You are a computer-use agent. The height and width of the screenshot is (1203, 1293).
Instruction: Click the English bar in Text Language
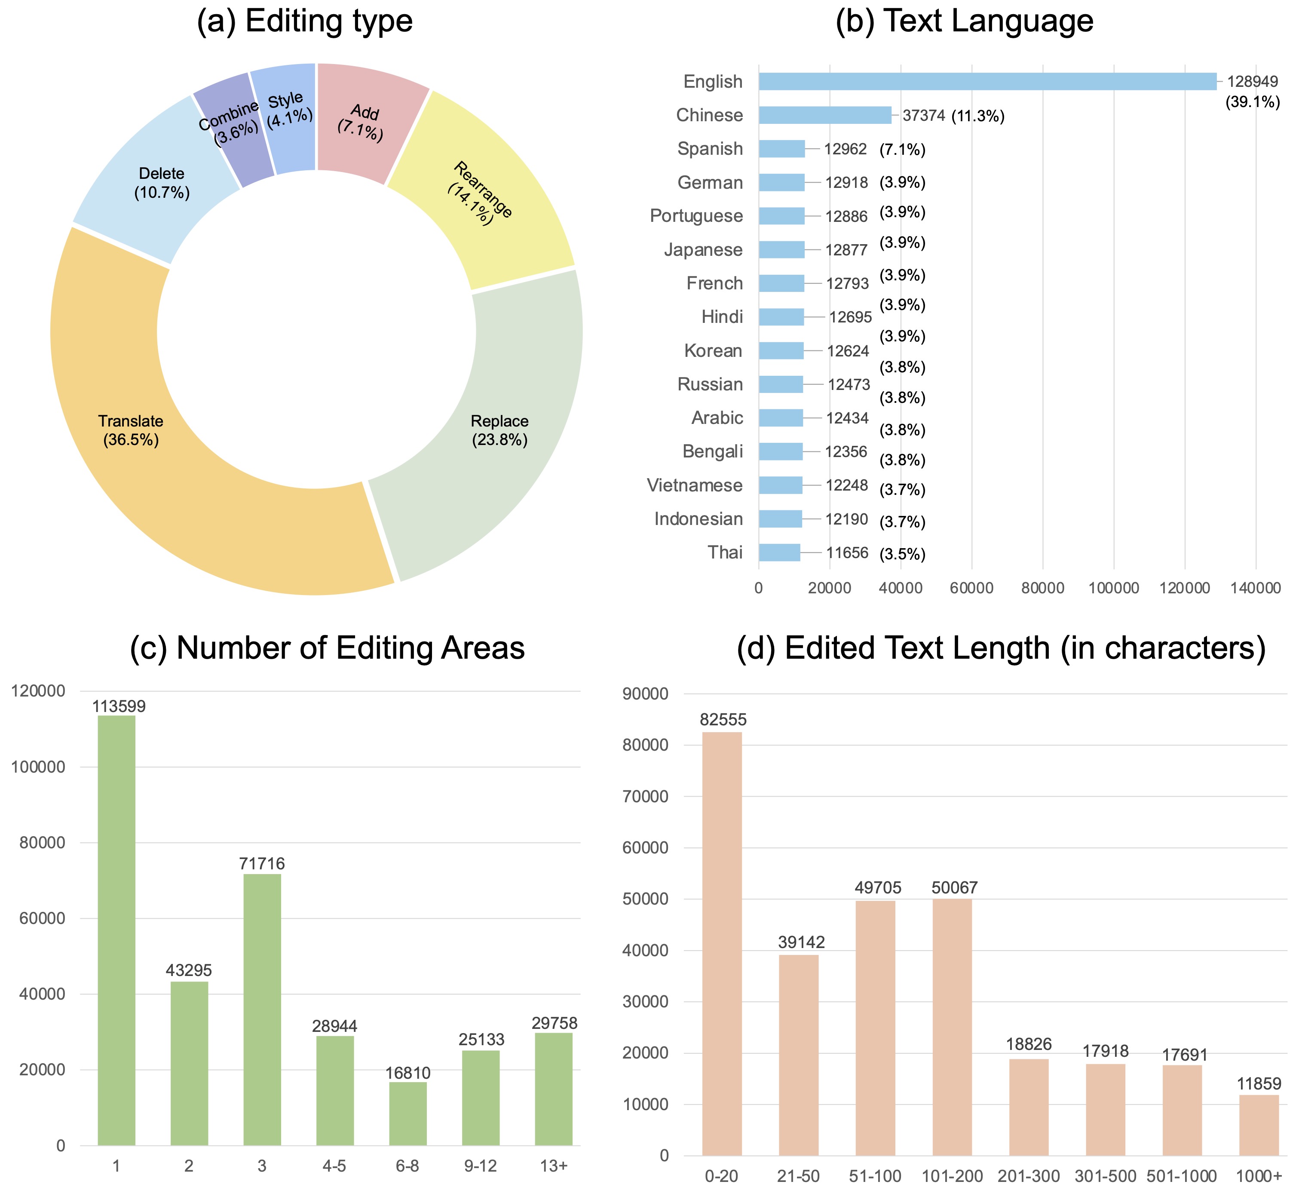coord(986,81)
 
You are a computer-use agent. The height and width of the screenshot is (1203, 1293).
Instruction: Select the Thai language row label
coord(725,552)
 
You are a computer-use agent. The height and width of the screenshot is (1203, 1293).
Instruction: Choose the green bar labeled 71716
coord(262,1009)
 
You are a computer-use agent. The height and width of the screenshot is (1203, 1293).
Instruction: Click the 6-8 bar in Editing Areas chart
coord(408,1113)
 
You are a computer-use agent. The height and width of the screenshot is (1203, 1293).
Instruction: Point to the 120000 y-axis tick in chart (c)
coord(38,691)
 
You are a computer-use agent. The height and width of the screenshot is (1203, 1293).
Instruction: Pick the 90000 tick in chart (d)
coord(646,694)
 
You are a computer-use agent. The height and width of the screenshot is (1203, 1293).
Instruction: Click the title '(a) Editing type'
coord(304,21)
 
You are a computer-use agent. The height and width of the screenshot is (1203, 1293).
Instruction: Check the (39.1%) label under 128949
coord(1252,102)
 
